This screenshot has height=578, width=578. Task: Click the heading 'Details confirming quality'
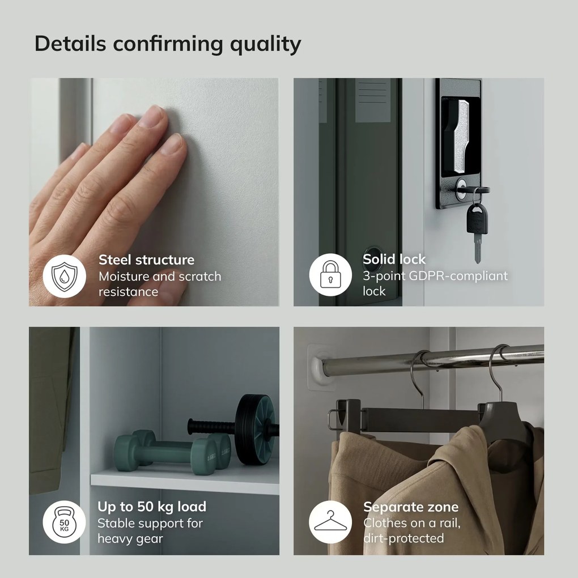coord(168,44)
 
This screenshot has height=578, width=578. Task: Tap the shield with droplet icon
coord(65,277)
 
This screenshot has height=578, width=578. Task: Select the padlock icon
coord(330,275)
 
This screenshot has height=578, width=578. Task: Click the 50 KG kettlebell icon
coord(64,522)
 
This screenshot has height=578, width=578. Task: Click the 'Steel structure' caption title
coord(146,260)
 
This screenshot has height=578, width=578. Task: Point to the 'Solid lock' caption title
coord(394,260)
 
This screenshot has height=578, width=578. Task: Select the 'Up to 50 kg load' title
coord(152,507)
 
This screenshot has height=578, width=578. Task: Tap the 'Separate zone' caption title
coord(411,507)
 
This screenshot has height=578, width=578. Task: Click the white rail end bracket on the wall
coord(321,365)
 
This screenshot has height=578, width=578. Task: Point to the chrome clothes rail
coord(432,360)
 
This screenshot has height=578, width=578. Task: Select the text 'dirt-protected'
coord(403,538)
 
